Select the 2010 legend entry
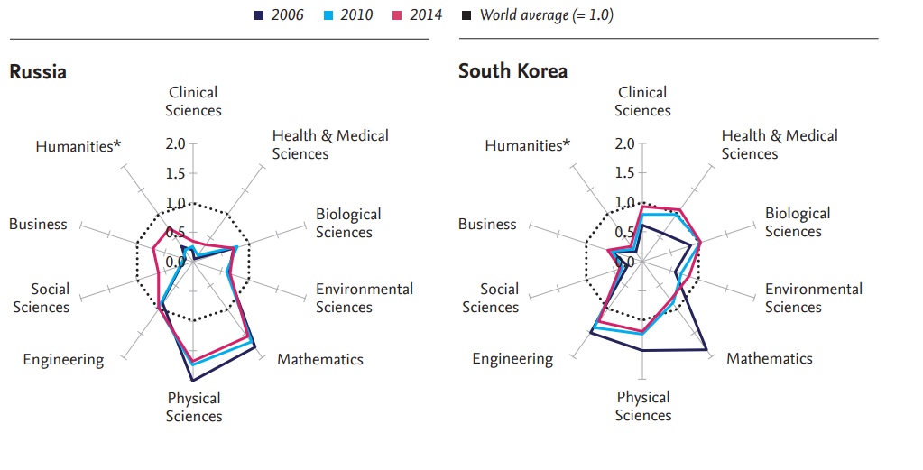(x=350, y=14)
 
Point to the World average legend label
(x=547, y=14)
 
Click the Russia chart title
(x=38, y=71)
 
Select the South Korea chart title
(x=512, y=71)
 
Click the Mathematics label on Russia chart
(x=320, y=359)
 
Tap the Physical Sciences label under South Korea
(x=643, y=406)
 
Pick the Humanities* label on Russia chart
(x=78, y=145)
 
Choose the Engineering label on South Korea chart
(x=512, y=359)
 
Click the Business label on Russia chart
(x=38, y=224)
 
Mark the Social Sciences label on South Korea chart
(x=491, y=298)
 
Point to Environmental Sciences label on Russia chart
(x=364, y=298)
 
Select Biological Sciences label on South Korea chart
(x=798, y=222)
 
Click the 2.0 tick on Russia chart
(x=175, y=143)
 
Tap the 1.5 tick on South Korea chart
(x=624, y=173)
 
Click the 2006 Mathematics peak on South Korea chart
(x=705, y=349)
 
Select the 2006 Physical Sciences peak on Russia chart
(x=194, y=381)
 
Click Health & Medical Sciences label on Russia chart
(x=330, y=144)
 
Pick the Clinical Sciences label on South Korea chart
(x=643, y=101)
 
